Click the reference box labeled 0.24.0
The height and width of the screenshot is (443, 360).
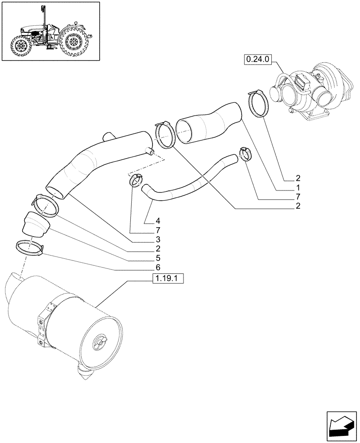[x=257, y=59]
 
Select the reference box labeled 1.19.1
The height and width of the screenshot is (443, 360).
[x=168, y=279]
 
